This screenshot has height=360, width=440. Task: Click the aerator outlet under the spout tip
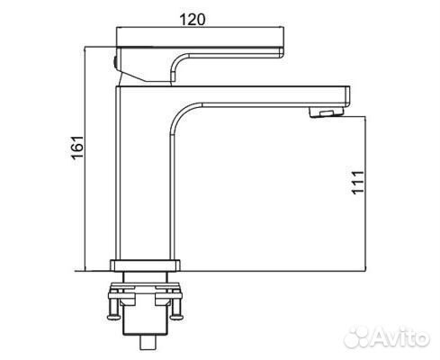tap(327, 112)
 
